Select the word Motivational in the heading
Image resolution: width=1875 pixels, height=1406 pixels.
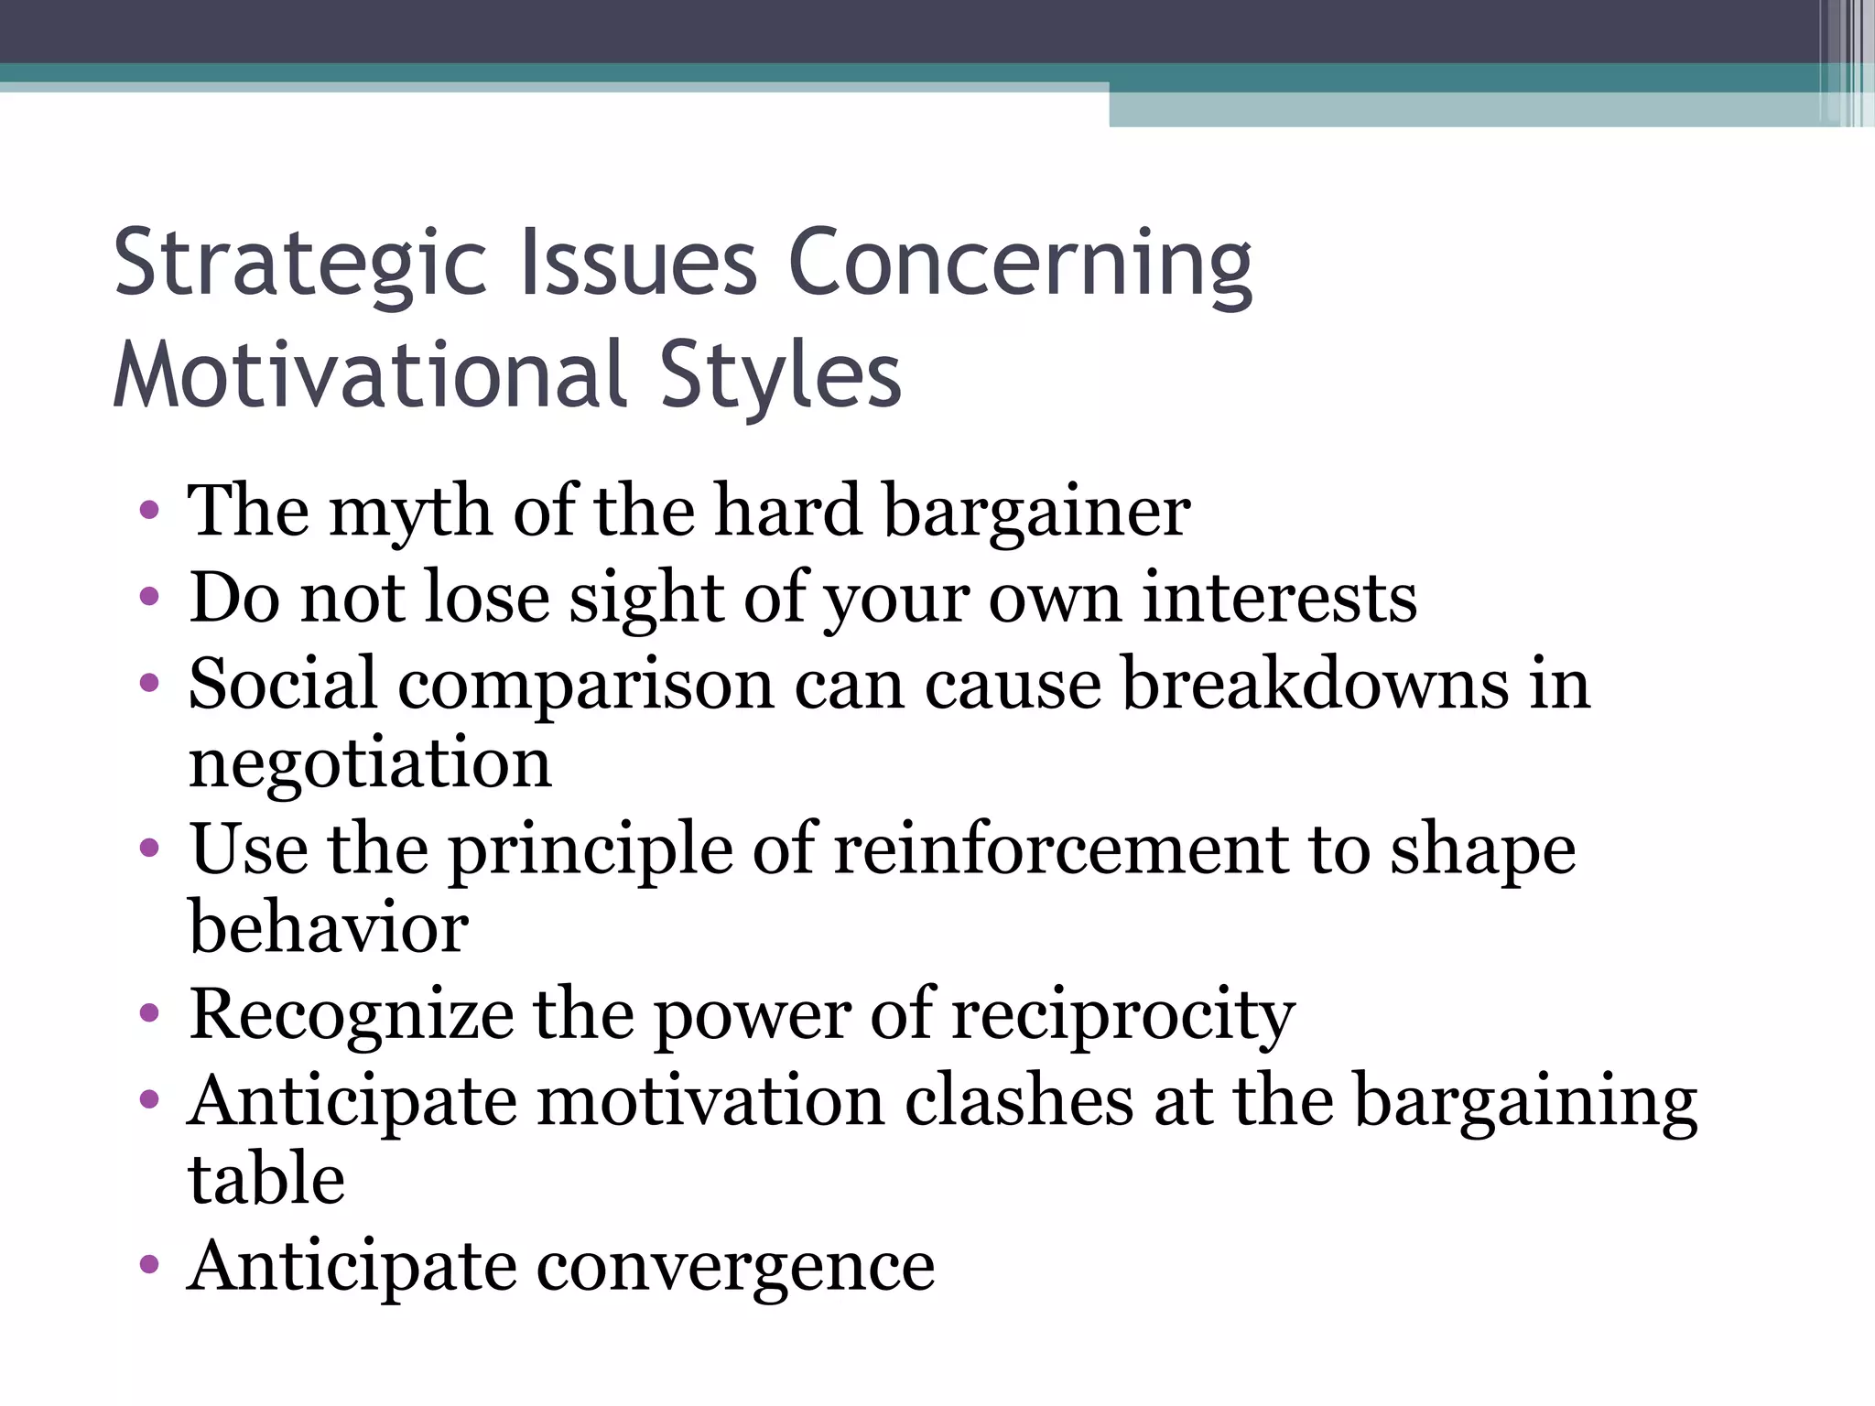(370, 375)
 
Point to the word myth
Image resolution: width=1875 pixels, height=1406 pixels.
(410, 513)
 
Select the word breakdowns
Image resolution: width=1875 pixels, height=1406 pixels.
(1314, 684)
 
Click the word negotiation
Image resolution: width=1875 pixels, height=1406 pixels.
(370, 764)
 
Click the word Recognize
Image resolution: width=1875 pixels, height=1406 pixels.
(351, 1016)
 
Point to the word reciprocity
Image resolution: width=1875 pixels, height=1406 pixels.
(1123, 1016)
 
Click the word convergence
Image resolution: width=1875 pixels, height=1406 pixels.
(735, 1267)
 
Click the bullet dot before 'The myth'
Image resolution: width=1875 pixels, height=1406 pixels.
(149, 511)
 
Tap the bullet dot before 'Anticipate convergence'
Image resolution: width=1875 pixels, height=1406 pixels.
(149, 1266)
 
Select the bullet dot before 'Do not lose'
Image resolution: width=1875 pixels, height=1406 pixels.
(149, 598)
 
